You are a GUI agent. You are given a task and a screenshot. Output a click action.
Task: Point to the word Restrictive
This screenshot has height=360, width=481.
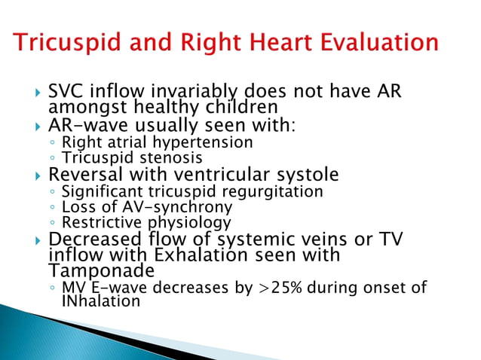pyautogui.click(x=96, y=223)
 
